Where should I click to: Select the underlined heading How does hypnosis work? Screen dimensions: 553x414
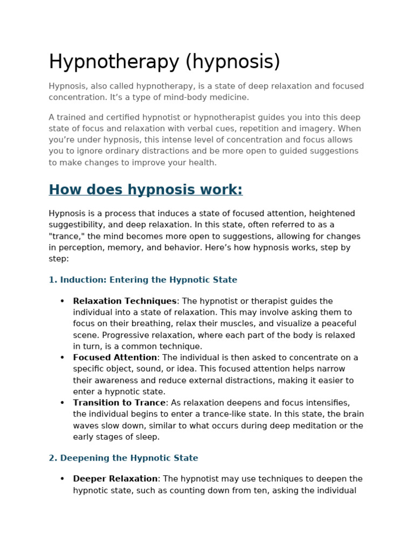coord(146,190)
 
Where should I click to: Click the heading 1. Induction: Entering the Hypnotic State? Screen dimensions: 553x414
coord(143,280)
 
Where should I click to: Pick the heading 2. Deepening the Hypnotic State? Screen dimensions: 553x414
coord(123,458)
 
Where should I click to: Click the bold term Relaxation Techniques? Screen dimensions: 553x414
coord(125,301)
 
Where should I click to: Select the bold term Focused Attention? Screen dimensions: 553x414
coord(115,358)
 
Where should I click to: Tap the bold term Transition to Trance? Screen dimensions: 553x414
coord(119,403)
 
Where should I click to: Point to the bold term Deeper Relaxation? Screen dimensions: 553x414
coord(115,479)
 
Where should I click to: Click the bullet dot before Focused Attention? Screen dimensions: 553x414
coord(62,358)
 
